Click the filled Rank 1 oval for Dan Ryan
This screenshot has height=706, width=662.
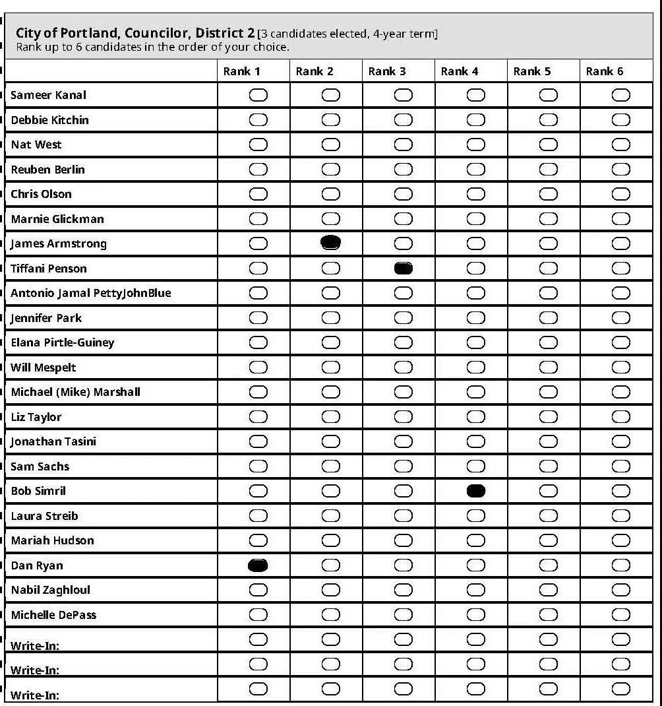point(258,565)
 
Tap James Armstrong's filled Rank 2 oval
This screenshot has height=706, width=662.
point(330,243)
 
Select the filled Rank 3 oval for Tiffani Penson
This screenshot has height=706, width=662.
point(403,268)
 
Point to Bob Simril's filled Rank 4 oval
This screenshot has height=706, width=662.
point(475,491)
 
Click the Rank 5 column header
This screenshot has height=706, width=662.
point(531,71)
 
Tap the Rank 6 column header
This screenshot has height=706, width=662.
point(604,71)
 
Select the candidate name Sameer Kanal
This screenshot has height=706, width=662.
point(48,95)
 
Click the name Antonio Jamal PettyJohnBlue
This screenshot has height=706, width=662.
point(90,293)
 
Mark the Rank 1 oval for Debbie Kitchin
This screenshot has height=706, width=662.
point(258,120)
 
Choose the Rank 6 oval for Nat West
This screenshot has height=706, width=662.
point(620,144)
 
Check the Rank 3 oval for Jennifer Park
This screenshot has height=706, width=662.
point(403,318)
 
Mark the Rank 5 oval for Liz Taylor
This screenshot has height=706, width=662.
point(548,417)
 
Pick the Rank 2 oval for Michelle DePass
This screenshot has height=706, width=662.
point(330,615)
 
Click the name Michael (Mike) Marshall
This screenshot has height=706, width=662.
point(75,392)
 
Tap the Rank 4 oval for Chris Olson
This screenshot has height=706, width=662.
point(475,194)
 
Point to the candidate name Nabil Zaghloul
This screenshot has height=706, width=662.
point(50,590)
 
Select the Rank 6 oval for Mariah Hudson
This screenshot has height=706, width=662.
point(620,540)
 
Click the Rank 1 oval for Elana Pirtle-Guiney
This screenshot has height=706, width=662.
point(258,342)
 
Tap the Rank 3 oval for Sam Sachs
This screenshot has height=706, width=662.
point(403,466)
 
